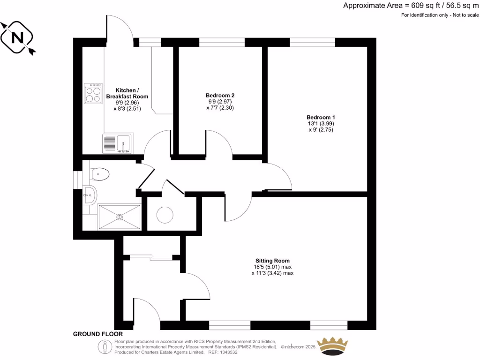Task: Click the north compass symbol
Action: [17, 37]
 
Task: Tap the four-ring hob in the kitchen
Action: [93, 93]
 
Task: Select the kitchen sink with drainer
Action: [118, 143]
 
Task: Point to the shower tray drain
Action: [120, 217]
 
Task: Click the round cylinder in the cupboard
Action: [165, 215]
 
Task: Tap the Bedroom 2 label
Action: [220, 95]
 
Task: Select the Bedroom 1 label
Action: [321, 117]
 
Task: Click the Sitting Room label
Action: [272, 261]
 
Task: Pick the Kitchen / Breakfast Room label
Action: [127, 93]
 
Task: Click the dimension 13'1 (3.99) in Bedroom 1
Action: [321, 123]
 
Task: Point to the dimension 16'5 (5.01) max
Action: [272, 267]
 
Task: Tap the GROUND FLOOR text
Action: [97, 334]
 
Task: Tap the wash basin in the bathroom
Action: [89, 194]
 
